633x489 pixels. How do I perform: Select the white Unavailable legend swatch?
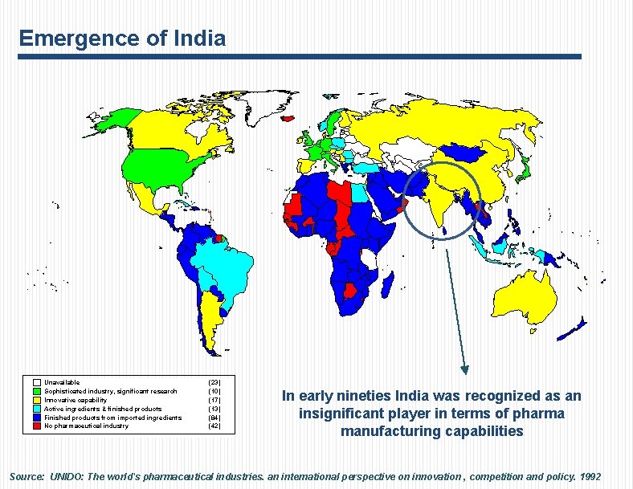[37, 382]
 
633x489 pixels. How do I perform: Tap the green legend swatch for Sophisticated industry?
[37, 391]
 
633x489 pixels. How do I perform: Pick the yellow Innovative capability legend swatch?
[37, 400]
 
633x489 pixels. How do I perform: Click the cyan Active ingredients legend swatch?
[37, 409]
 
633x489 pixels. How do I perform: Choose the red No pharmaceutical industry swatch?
[37, 426]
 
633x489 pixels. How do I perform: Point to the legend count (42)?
[214, 426]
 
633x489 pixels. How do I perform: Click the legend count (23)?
[214, 382]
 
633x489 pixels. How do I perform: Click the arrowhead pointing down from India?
[464, 369]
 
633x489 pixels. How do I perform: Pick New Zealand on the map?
[574, 325]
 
